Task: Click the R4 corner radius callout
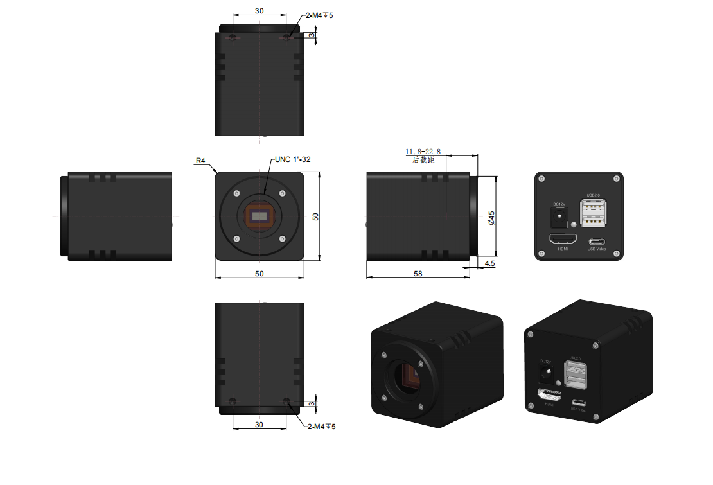click(200, 162)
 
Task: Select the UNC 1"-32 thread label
click(292, 159)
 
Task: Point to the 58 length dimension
click(418, 274)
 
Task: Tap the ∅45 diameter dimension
click(491, 217)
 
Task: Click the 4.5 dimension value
click(489, 263)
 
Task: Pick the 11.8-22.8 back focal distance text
click(423, 152)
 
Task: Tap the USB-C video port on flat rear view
click(597, 242)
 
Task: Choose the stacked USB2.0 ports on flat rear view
click(594, 213)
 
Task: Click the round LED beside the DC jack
click(573, 225)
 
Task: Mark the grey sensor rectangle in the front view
click(260, 216)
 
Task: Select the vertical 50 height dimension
click(315, 216)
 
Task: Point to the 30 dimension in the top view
click(259, 11)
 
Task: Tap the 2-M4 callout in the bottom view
click(321, 427)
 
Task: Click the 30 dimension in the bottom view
click(259, 425)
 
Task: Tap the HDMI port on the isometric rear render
click(548, 396)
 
